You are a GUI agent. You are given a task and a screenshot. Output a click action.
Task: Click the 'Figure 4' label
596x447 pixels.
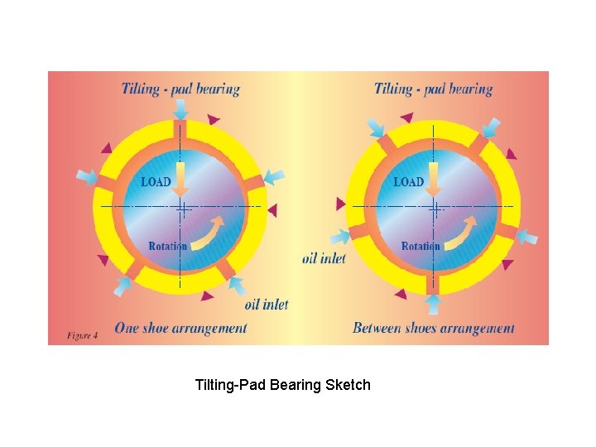click(x=83, y=335)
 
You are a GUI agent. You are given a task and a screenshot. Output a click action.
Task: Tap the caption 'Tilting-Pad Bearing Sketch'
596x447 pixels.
click(x=282, y=385)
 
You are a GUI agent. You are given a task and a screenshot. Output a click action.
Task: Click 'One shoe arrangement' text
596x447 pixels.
click(x=180, y=328)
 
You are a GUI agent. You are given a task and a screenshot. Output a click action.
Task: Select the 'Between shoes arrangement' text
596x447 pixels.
click(x=433, y=328)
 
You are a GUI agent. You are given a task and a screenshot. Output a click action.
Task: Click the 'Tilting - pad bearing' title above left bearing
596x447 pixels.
click(x=180, y=89)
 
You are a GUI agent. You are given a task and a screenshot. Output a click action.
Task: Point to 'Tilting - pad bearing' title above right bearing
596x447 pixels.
click(x=433, y=89)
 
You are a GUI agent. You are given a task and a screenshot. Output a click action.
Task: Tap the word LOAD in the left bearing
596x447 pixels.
click(x=156, y=181)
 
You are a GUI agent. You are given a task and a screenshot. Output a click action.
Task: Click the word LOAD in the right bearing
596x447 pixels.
click(x=408, y=181)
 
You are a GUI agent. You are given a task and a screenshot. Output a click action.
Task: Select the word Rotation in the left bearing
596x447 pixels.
click(x=167, y=246)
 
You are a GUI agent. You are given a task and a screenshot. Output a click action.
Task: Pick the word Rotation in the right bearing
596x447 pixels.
click(x=421, y=246)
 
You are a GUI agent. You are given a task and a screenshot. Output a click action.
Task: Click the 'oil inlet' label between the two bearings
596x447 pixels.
click(x=324, y=258)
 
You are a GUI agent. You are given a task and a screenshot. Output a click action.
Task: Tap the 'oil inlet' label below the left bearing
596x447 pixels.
click(x=267, y=304)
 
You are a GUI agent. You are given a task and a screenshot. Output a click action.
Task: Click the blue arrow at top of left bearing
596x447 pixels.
click(x=180, y=108)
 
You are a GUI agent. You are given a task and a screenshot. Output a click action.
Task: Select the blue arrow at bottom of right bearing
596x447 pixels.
click(x=433, y=304)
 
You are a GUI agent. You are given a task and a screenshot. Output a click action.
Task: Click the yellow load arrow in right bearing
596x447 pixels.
click(x=433, y=179)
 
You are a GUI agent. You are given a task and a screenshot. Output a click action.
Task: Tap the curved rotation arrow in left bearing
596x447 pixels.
click(x=207, y=233)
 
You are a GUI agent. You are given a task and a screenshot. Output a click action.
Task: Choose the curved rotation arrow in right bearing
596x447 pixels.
click(x=460, y=233)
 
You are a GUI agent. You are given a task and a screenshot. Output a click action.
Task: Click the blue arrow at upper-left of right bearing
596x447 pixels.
click(x=376, y=127)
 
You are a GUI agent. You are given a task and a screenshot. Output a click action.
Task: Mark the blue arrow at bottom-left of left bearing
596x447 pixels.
click(x=123, y=286)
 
